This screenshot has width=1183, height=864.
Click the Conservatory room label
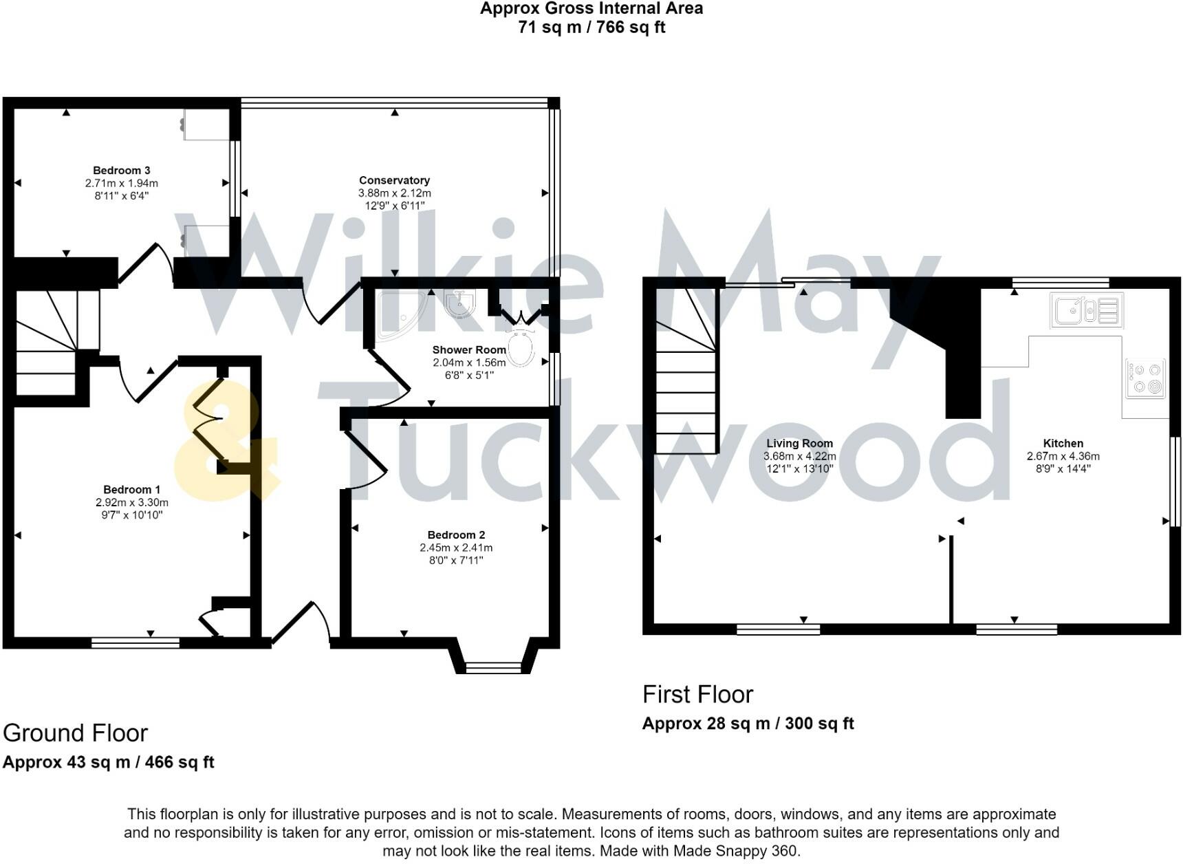394,180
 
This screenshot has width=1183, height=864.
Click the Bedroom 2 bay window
493,666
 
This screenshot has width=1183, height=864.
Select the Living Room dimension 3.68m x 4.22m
799,456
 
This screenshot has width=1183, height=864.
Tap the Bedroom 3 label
122,171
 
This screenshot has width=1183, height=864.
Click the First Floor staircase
686,375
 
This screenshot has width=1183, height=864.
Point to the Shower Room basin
459,303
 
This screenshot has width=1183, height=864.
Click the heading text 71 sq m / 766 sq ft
591,28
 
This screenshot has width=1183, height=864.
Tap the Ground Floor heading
76,733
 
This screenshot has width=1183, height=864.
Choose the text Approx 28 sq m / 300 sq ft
748,724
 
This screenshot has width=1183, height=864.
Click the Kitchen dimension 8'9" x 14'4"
1063,468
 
